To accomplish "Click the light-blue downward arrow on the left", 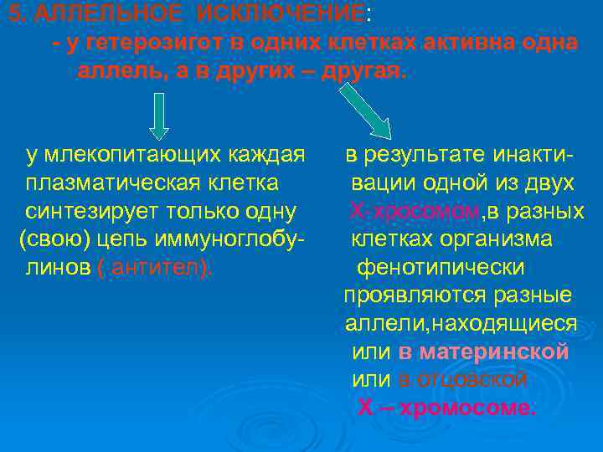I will coord(158,116).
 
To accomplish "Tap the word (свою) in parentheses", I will coord(53,239).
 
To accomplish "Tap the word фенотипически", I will coord(441,268).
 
